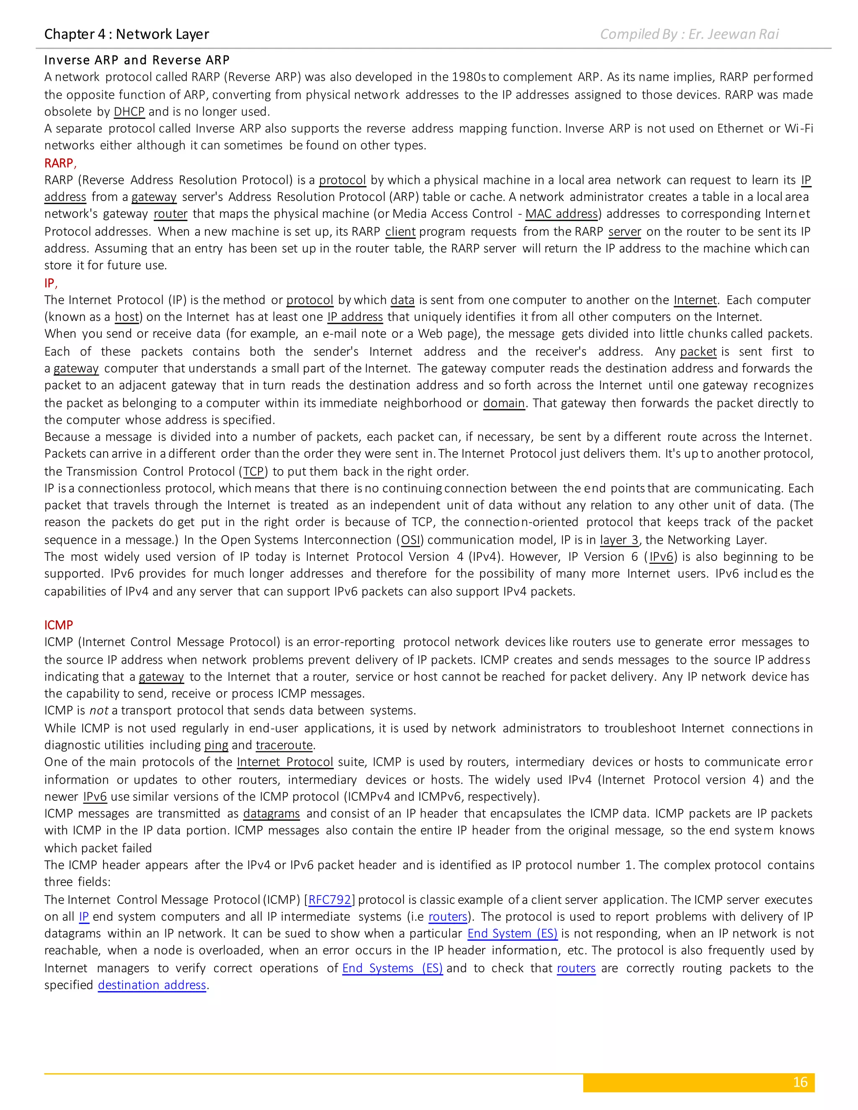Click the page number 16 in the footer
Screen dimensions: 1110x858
click(800, 1082)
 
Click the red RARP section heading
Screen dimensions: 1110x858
click(59, 163)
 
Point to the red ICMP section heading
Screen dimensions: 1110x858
click(59, 625)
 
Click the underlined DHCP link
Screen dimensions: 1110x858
click(129, 111)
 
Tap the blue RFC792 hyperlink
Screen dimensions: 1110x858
click(329, 900)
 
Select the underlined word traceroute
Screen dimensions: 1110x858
click(284, 745)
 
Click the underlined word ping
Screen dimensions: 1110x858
click(216, 745)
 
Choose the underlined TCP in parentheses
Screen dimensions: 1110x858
click(253, 471)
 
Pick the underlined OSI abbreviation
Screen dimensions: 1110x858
click(410, 540)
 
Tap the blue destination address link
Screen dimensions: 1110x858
click(152, 985)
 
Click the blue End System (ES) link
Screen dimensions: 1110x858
click(512, 934)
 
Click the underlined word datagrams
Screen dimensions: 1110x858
click(271, 814)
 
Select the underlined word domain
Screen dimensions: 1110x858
click(504, 403)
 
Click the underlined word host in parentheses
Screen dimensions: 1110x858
click(127, 317)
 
